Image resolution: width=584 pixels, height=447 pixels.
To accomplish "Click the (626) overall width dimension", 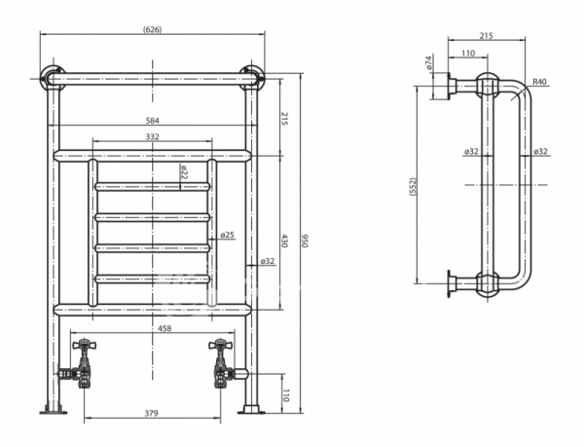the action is [153, 29].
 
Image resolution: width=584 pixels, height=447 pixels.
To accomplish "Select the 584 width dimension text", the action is [153, 121].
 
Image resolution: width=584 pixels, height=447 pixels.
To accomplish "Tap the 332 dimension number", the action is [153, 136].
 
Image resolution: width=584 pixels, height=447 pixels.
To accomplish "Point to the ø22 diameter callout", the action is [184, 172].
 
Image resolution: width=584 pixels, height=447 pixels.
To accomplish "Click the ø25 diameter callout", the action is [227, 235].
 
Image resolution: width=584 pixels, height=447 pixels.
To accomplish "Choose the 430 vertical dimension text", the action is [284, 241].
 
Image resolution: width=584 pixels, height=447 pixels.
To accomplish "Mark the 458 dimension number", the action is [164, 328].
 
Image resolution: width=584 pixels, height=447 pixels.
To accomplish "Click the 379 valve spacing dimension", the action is [151, 413].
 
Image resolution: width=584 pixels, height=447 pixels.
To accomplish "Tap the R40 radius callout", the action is [539, 82].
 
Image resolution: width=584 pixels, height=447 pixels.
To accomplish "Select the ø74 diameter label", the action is [428, 62].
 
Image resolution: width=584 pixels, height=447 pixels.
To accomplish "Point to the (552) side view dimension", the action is [413, 186].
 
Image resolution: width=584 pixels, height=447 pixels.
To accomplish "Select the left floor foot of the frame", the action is [54, 410].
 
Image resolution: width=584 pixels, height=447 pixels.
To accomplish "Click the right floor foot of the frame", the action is [252, 410].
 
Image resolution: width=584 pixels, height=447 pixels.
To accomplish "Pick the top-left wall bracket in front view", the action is [53, 78].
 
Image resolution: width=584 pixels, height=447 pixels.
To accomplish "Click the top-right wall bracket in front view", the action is [252, 78].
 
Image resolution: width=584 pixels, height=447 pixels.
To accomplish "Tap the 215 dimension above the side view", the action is [486, 36].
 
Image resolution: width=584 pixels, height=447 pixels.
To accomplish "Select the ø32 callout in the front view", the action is [268, 261].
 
